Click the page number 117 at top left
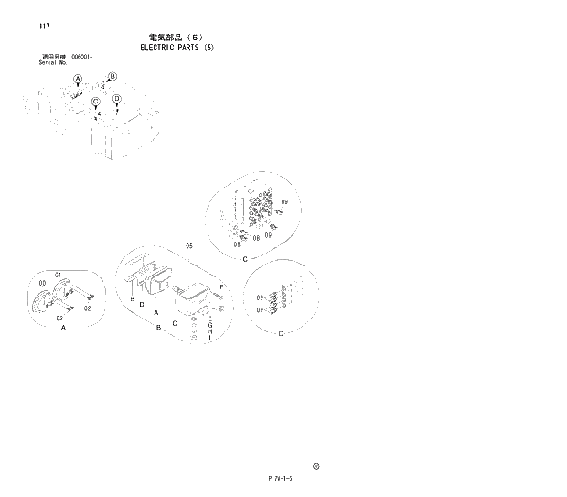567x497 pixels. coord(44,26)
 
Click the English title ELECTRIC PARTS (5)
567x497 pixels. coord(177,47)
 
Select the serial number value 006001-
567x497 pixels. coord(83,57)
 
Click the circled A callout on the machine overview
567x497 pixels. coord(78,79)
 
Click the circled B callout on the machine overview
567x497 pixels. coord(112,76)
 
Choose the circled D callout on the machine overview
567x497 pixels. coord(116,99)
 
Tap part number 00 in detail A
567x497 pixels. coord(43,284)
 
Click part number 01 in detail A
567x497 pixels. coord(57,274)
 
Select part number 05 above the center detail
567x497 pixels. coord(189,245)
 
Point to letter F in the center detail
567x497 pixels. coord(221,287)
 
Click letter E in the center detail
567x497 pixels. coord(209,318)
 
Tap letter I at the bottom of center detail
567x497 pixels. coord(209,340)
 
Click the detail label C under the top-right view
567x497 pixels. coord(245,259)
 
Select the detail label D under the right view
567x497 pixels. coord(280,331)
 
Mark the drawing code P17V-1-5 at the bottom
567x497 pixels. coord(280,477)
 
